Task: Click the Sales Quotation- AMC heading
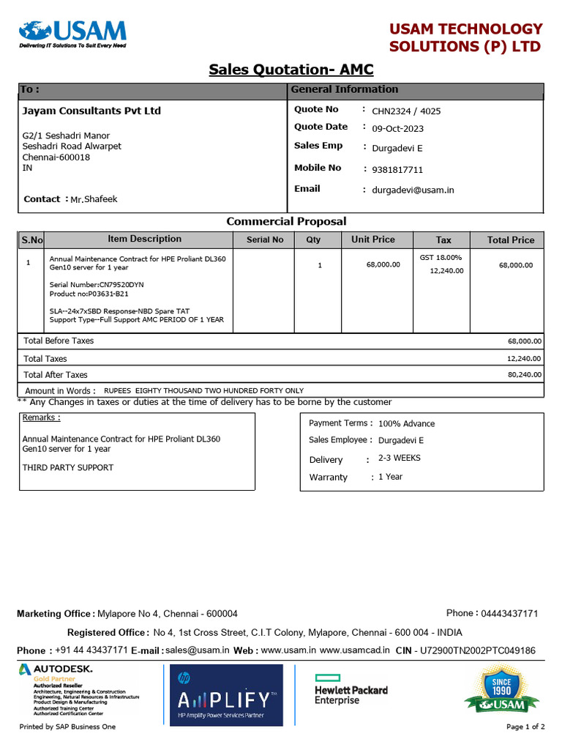[x=291, y=70]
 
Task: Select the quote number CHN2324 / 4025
[x=406, y=111]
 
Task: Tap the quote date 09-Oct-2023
[x=397, y=129]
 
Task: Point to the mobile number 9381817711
[x=397, y=170]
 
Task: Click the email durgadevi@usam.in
[x=413, y=190]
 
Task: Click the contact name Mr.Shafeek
[x=94, y=199]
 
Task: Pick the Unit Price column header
[x=372, y=240]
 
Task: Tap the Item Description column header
[x=144, y=239]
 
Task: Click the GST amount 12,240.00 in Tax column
[x=447, y=271]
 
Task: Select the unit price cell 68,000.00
[x=383, y=264]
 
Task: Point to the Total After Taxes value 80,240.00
[x=525, y=374]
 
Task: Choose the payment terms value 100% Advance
[x=406, y=424]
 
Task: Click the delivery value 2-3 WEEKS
[x=399, y=458]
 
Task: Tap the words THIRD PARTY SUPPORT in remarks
[x=68, y=467]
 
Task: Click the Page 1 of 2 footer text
[x=525, y=727]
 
